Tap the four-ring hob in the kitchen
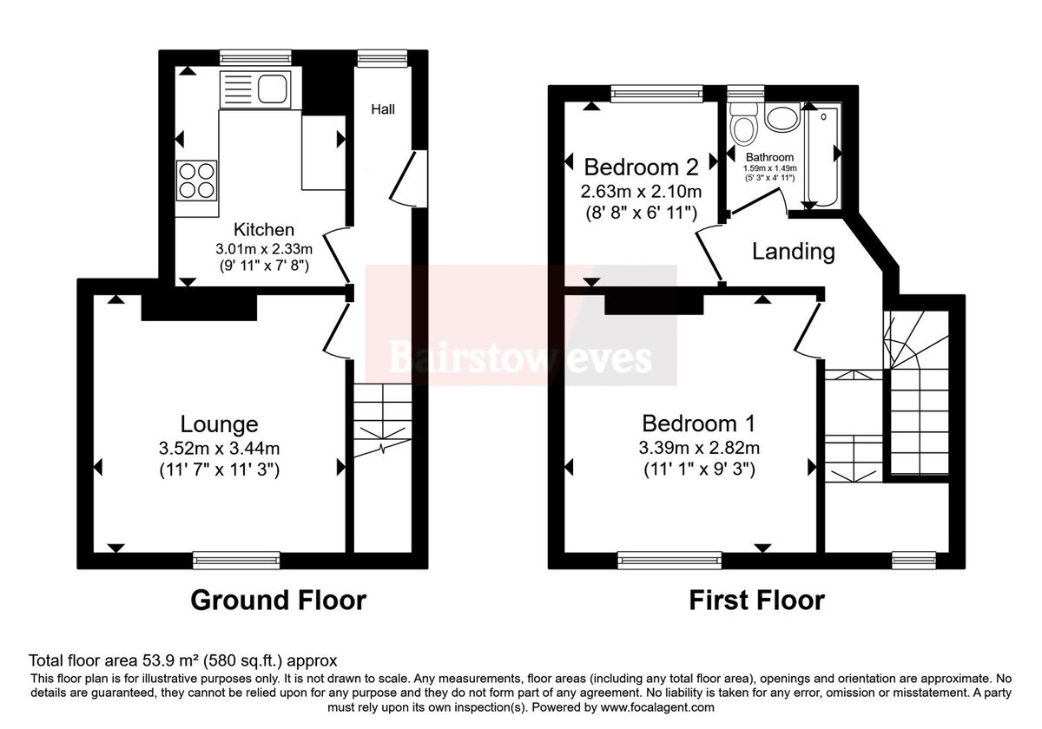point(196,181)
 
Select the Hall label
point(383,109)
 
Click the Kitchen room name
point(264,230)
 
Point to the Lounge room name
point(219,424)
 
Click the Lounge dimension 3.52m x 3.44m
point(219,449)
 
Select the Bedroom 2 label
point(643,166)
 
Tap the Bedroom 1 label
point(698,424)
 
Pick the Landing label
point(793,252)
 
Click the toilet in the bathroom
point(743,127)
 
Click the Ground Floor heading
point(278,600)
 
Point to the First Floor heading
point(756,600)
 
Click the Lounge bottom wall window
point(236,561)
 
